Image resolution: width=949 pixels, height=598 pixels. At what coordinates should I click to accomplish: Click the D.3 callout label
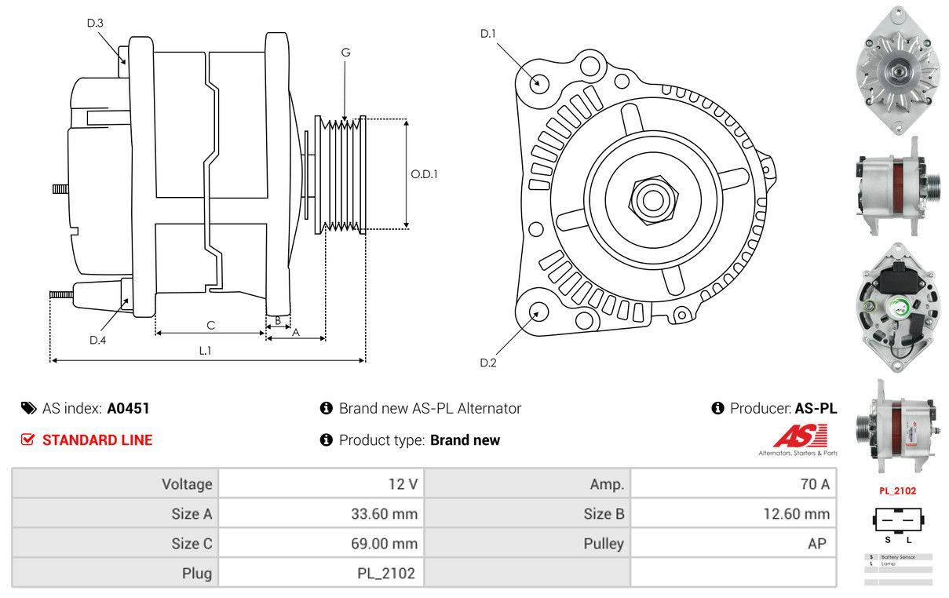95,23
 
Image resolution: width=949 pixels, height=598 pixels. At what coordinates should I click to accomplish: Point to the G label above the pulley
345,53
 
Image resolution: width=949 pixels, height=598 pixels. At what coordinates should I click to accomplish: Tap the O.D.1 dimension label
424,174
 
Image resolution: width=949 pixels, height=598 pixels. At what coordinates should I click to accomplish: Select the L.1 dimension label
205,351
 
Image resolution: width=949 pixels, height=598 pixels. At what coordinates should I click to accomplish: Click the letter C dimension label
210,325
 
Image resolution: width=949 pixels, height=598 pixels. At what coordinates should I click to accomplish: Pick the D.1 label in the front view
488,33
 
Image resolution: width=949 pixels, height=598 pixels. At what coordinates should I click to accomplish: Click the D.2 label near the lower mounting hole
488,363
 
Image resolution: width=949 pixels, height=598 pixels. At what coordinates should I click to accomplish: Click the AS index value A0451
128,408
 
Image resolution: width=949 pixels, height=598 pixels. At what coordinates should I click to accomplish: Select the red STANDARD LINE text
97,440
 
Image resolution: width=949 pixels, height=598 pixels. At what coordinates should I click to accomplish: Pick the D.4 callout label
97,340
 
